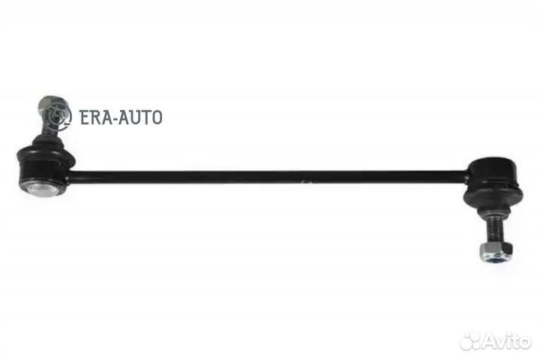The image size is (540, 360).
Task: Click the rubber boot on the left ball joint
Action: (47, 142)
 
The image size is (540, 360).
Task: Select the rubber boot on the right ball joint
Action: (493, 198)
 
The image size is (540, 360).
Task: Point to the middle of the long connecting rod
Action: (268, 176)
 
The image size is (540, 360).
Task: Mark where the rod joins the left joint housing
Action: (70, 175)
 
